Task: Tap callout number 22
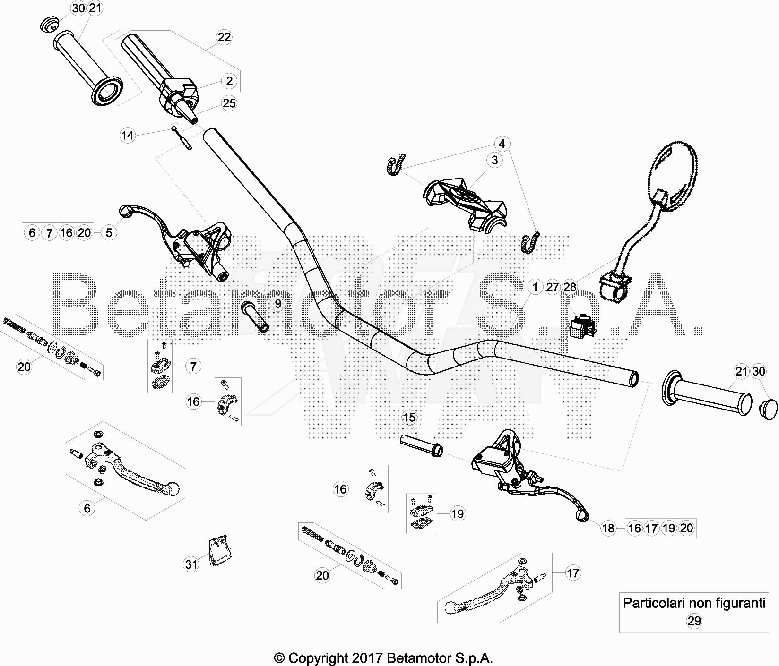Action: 224,37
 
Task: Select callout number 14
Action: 128,136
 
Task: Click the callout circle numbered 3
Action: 494,160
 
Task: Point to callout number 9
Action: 277,304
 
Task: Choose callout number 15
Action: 409,418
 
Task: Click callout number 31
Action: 191,564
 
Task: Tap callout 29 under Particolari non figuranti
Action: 694,621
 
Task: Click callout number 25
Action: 229,103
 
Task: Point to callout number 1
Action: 535,287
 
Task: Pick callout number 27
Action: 553,287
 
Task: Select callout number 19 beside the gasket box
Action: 458,513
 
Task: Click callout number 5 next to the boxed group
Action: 109,232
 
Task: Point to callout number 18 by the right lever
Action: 608,528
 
